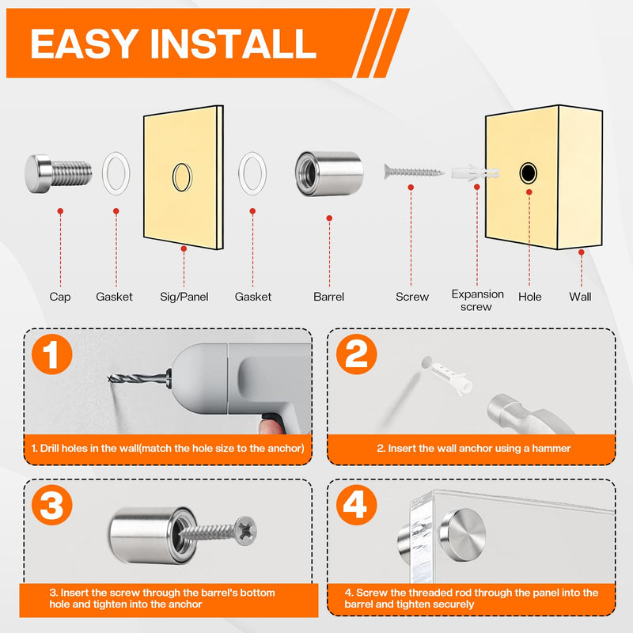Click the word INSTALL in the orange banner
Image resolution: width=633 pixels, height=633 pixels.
point(233,44)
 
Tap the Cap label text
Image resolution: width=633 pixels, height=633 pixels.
point(60,297)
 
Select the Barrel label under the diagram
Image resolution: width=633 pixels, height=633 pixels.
point(328,297)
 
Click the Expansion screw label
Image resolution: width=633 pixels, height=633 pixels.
point(477,301)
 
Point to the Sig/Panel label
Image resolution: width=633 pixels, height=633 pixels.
point(184,297)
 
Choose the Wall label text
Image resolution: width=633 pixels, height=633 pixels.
point(580,297)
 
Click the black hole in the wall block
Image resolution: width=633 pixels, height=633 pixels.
point(528,172)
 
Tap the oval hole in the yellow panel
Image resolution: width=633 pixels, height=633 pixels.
point(182,176)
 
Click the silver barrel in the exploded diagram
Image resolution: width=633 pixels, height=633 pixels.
point(329,173)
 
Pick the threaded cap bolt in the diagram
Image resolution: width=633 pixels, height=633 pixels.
point(58,173)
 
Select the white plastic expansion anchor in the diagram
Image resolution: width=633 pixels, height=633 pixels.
point(476,173)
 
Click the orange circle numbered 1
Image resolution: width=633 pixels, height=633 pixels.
point(51,354)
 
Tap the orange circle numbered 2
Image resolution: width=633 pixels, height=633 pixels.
point(357,354)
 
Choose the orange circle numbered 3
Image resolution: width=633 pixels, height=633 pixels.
point(51,505)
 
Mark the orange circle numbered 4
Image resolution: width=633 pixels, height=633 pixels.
point(357,505)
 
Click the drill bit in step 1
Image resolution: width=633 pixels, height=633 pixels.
point(138,379)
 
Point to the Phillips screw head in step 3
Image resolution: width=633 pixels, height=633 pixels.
point(245,530)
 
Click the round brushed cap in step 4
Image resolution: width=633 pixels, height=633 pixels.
point(463,535)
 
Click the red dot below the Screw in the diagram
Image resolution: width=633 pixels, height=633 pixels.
point(411,188)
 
